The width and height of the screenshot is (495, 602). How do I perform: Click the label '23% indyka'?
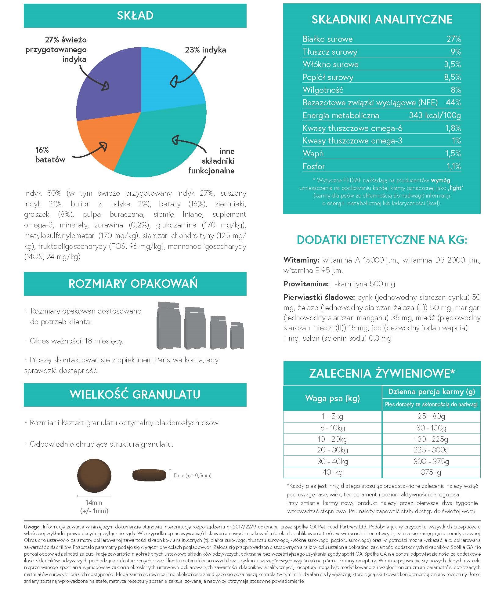pyautogui.click(x=205, y=50)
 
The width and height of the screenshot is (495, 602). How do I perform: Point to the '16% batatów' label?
pyautogui.click(x=50, y=155)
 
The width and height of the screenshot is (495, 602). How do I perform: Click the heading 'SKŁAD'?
pyautogui.click(x=135, y=16)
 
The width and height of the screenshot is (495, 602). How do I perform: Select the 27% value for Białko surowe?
pyautogui.click(x=453, y=39)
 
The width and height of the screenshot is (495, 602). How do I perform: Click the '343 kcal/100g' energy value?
pyautogui.click(x=435, y=115)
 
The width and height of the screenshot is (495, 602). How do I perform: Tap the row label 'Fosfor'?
pyautogui.click(x=314, y=166)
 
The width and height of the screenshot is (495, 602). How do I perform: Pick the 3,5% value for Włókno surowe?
pyautogui.click(x=452, y=64)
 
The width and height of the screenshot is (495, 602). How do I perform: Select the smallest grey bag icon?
pyautogui.click(x=237, y=335)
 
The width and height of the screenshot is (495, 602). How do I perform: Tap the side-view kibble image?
pyautogui.click(x=149, y=475)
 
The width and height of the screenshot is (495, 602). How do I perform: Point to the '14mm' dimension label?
pyautogui.click(x=94, y=502)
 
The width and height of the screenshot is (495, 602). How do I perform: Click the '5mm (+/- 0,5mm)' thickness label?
pyautogui.click(x=192, y=475)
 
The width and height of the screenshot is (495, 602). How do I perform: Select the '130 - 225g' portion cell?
pyautogui.click(x=431, y=439)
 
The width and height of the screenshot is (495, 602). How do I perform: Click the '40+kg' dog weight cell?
pyautogui.click(x=332, y=472)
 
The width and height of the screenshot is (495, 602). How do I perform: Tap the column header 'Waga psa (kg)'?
pyautogui.click(x=332, y=398)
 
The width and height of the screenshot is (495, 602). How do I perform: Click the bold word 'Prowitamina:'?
pyautogui.click(x=306, y=284)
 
